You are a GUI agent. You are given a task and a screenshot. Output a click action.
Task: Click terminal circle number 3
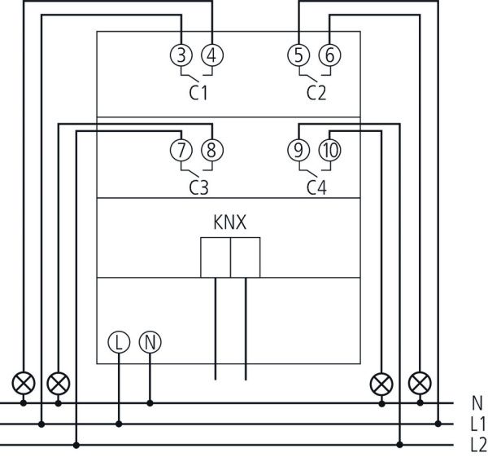click(x=181, y=55)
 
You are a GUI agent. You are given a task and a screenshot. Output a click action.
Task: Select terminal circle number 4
click(x=211, y=55)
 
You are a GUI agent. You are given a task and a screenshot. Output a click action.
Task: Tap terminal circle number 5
click(x=299, y=55)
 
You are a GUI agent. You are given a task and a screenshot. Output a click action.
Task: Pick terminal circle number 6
click(x=329, y=55)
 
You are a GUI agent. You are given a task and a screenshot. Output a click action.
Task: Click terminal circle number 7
click(x=181, y=150)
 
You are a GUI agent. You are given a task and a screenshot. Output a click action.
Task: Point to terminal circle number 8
click(x=211, y=150)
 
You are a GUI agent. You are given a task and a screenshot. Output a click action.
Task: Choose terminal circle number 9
click(x=299, y=150)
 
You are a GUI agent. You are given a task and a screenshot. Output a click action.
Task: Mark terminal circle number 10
click(x=329, y=150)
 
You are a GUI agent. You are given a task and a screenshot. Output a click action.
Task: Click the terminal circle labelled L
click(x=119, y=342)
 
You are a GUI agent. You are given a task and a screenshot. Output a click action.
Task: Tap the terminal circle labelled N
click(x=150, y=342)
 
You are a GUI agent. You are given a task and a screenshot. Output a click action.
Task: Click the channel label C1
click(x=198, y=93)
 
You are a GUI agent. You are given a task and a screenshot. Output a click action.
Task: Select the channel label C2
click(x=316, y=93)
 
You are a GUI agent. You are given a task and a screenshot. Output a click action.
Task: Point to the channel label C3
click(x=198, y=187)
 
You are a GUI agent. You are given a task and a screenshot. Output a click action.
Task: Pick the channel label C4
click(x=316, y=187)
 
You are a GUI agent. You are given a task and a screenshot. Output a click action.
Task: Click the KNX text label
click(x=230, y=222)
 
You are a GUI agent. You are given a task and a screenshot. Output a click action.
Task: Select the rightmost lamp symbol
click(x=420, y=382)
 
